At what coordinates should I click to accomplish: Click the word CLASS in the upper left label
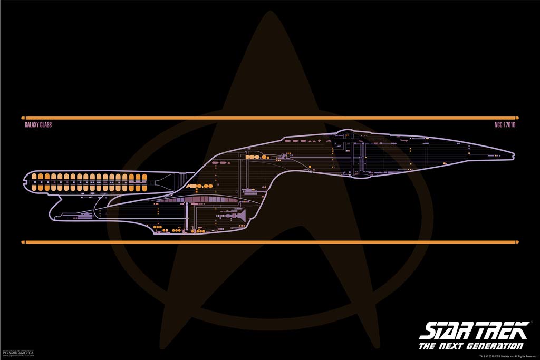click(46, 126)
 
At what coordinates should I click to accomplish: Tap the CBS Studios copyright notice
click(507, 357)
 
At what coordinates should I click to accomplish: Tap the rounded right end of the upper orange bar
click(517, 118)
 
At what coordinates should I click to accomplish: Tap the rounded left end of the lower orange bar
click(23, 242)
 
